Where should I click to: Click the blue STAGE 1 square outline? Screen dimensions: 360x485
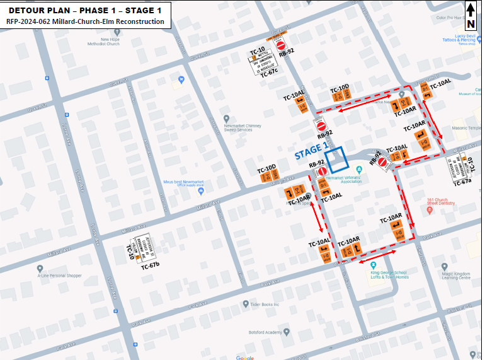(335, 158)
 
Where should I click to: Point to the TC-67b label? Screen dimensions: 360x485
(150, 267)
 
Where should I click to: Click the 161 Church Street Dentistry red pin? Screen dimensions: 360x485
(430, 211)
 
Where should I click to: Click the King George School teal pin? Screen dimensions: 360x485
(373, 265)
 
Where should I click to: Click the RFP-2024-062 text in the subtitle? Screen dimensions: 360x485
(31, 21)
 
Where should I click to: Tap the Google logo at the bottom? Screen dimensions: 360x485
(245, 357)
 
